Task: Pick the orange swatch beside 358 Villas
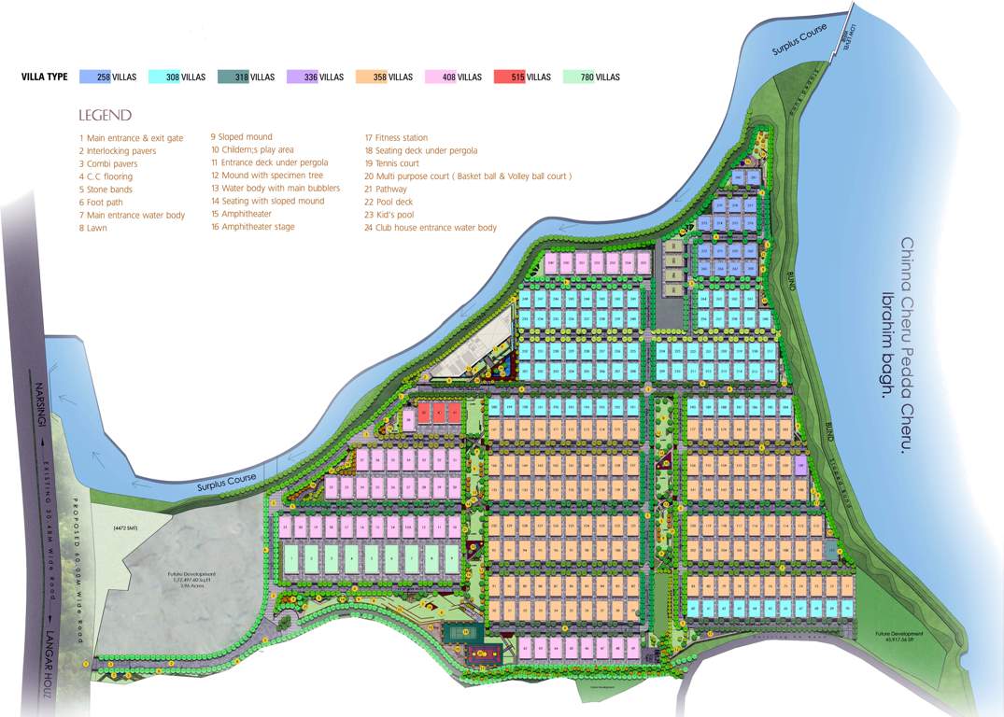372,77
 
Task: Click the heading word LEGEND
106,115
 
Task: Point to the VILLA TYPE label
44,77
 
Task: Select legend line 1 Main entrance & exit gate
132,138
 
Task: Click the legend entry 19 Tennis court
391,163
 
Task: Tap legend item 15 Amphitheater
241,214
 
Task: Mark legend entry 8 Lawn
93,228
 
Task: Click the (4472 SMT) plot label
125,529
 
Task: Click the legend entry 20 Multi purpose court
467,176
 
